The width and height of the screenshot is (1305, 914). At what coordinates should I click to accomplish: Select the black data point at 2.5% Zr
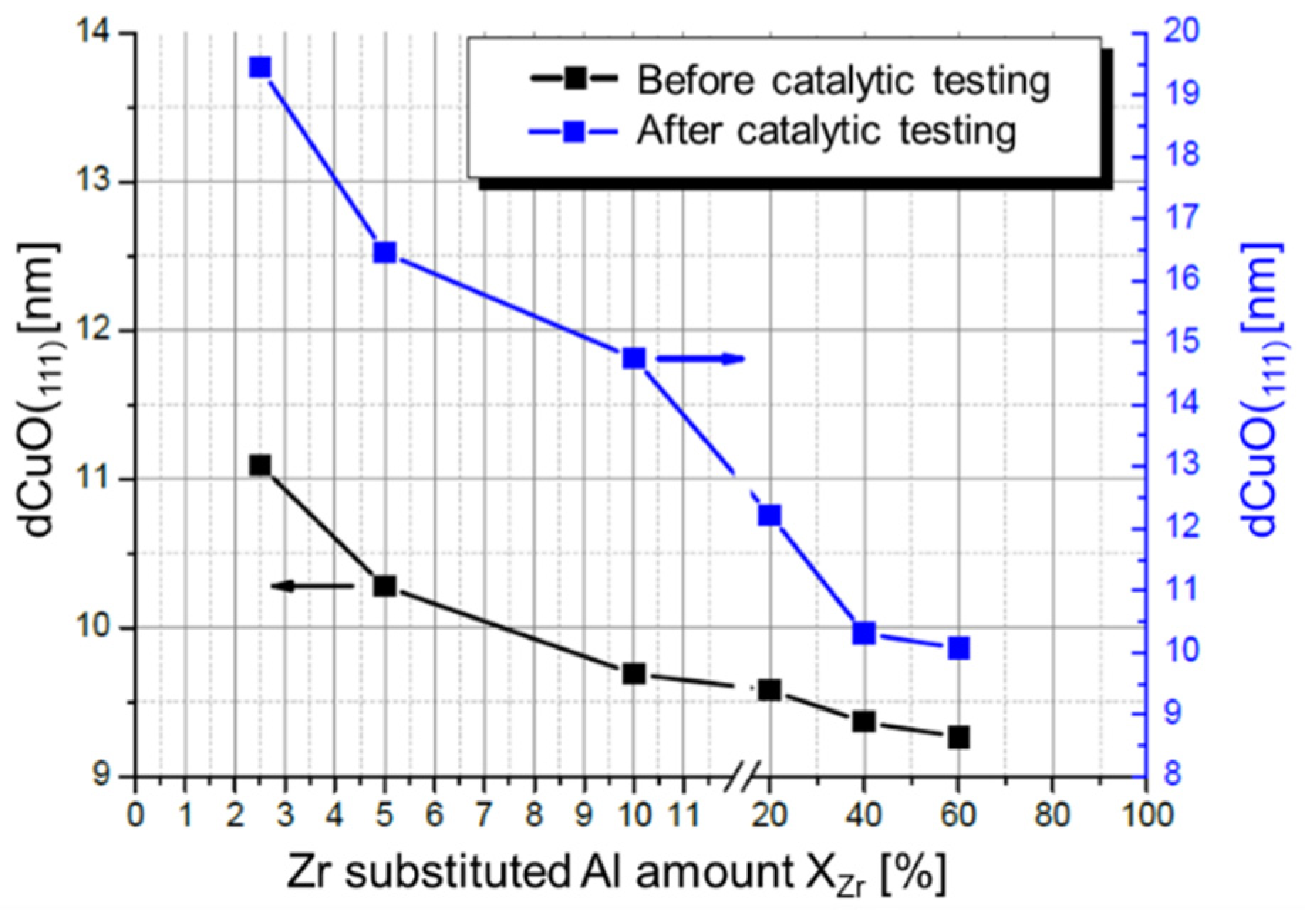260,466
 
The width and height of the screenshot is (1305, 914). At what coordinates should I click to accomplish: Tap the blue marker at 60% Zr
958,647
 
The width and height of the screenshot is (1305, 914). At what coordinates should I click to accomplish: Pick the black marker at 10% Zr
634,674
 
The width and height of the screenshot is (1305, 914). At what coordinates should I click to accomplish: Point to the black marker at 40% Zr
864,721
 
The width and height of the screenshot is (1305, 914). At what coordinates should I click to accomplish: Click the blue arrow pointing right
700,359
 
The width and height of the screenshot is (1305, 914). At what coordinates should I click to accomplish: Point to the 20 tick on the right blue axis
1181,31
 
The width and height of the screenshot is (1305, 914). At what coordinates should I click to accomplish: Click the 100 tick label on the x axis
1144,814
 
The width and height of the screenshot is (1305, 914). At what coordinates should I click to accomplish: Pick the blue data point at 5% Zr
385,252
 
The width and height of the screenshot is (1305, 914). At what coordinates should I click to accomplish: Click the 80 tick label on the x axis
1052,814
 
